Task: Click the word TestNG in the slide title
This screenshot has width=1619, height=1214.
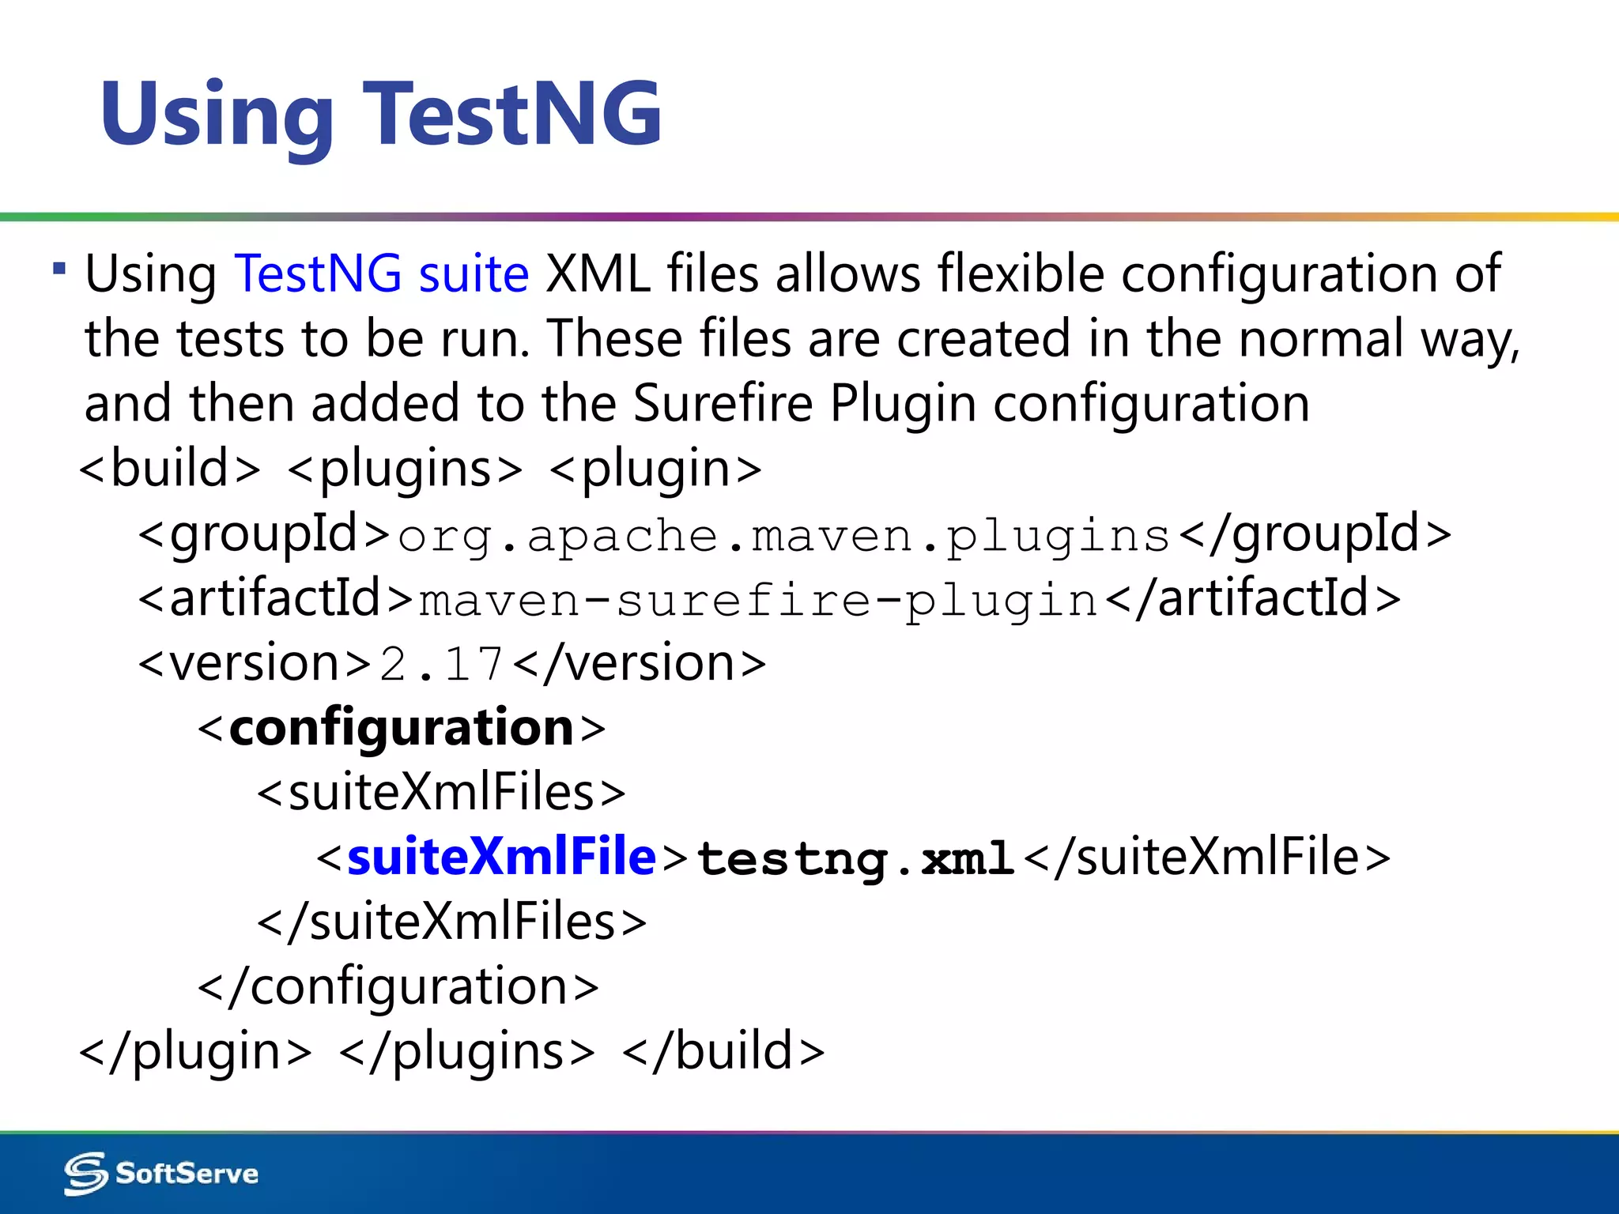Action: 512,115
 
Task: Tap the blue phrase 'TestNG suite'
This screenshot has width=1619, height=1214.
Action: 382,274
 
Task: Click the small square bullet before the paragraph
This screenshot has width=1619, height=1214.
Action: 59,269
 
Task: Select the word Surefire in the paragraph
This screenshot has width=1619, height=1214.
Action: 723,403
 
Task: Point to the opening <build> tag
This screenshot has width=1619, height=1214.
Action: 170,469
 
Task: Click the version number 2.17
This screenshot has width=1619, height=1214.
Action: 441,664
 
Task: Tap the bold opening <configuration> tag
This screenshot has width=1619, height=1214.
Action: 402,728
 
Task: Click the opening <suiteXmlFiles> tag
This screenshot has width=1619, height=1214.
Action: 441,793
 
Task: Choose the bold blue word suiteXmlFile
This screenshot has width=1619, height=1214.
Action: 501,857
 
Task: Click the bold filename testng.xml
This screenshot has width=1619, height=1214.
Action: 855,858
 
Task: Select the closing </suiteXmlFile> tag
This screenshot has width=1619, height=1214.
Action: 1206,858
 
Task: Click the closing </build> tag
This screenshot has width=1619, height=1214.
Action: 723,1052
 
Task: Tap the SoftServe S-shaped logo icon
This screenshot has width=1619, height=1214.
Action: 85,1173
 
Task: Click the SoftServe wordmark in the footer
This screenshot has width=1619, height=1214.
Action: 187,1174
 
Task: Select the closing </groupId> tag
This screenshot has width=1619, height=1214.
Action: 1314,534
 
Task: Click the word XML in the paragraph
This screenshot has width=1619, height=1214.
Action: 598,274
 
